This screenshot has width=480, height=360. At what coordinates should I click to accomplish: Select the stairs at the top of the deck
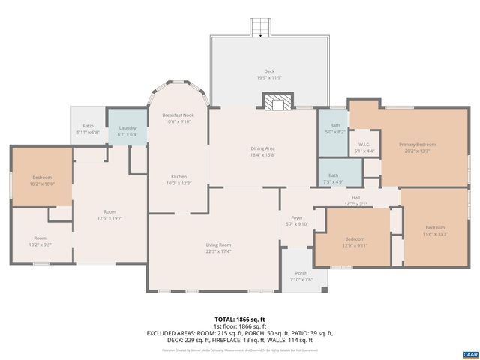[259, 27]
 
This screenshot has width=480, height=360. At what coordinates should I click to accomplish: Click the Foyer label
[297, 220]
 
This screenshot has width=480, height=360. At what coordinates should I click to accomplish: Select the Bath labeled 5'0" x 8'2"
[334, 128]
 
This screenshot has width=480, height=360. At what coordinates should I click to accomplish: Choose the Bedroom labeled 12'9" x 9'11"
[354, 241]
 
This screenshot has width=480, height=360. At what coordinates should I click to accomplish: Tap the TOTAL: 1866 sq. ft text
[239, 319]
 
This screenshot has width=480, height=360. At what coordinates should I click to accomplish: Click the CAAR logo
[469, 353]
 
